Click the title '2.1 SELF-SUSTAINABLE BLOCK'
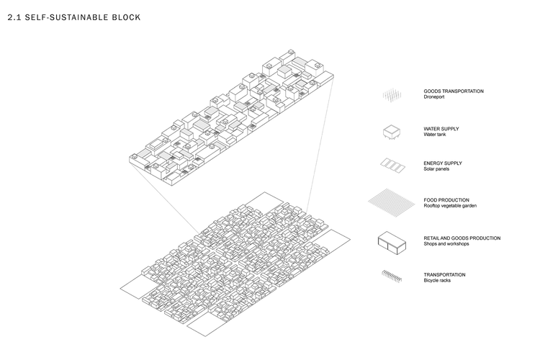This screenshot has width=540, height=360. click(74, 17)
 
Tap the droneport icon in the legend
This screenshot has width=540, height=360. click(392, 95)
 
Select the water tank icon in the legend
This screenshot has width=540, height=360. click(392, 132)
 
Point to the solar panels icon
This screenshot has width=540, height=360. click(392, 166)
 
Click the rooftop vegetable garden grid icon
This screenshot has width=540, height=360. click(391, 202)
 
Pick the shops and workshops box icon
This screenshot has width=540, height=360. click(392, 243)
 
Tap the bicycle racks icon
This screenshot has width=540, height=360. click(392, 276)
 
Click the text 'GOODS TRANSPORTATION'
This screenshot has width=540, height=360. click(454, 91)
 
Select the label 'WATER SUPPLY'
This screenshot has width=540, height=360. click(441, 129)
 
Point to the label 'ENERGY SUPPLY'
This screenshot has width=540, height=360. click(443, 163)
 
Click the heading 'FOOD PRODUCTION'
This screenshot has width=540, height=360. click(446, 200)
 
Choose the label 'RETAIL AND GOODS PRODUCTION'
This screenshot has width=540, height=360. click(462, 238)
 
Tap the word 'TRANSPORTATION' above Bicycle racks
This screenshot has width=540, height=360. click(445, 274)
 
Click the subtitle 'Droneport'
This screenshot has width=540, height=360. click(434, 96)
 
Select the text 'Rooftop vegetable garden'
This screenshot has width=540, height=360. click(450, 206)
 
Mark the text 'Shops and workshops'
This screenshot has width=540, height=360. click(446, 244)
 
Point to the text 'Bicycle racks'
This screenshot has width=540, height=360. click(437, 280)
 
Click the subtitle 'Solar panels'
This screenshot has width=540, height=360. click(436, 168)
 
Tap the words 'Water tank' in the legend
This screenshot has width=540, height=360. click(435, 135)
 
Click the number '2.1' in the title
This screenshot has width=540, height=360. click(14, 17)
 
